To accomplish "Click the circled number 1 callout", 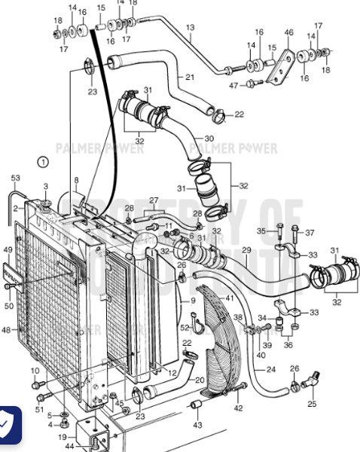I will (44, 161).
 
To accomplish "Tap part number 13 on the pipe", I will (191, 28).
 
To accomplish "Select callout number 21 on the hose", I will (189, 77).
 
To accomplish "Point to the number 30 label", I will (209, 138).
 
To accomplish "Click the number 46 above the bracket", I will (288, 32).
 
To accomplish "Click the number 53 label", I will (15, 178).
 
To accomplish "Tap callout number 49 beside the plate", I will (8, 249).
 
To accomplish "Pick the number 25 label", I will (312, 403).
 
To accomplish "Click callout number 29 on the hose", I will (246, 249).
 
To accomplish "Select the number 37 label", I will (309, 232).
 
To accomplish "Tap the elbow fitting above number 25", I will (310, 381).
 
